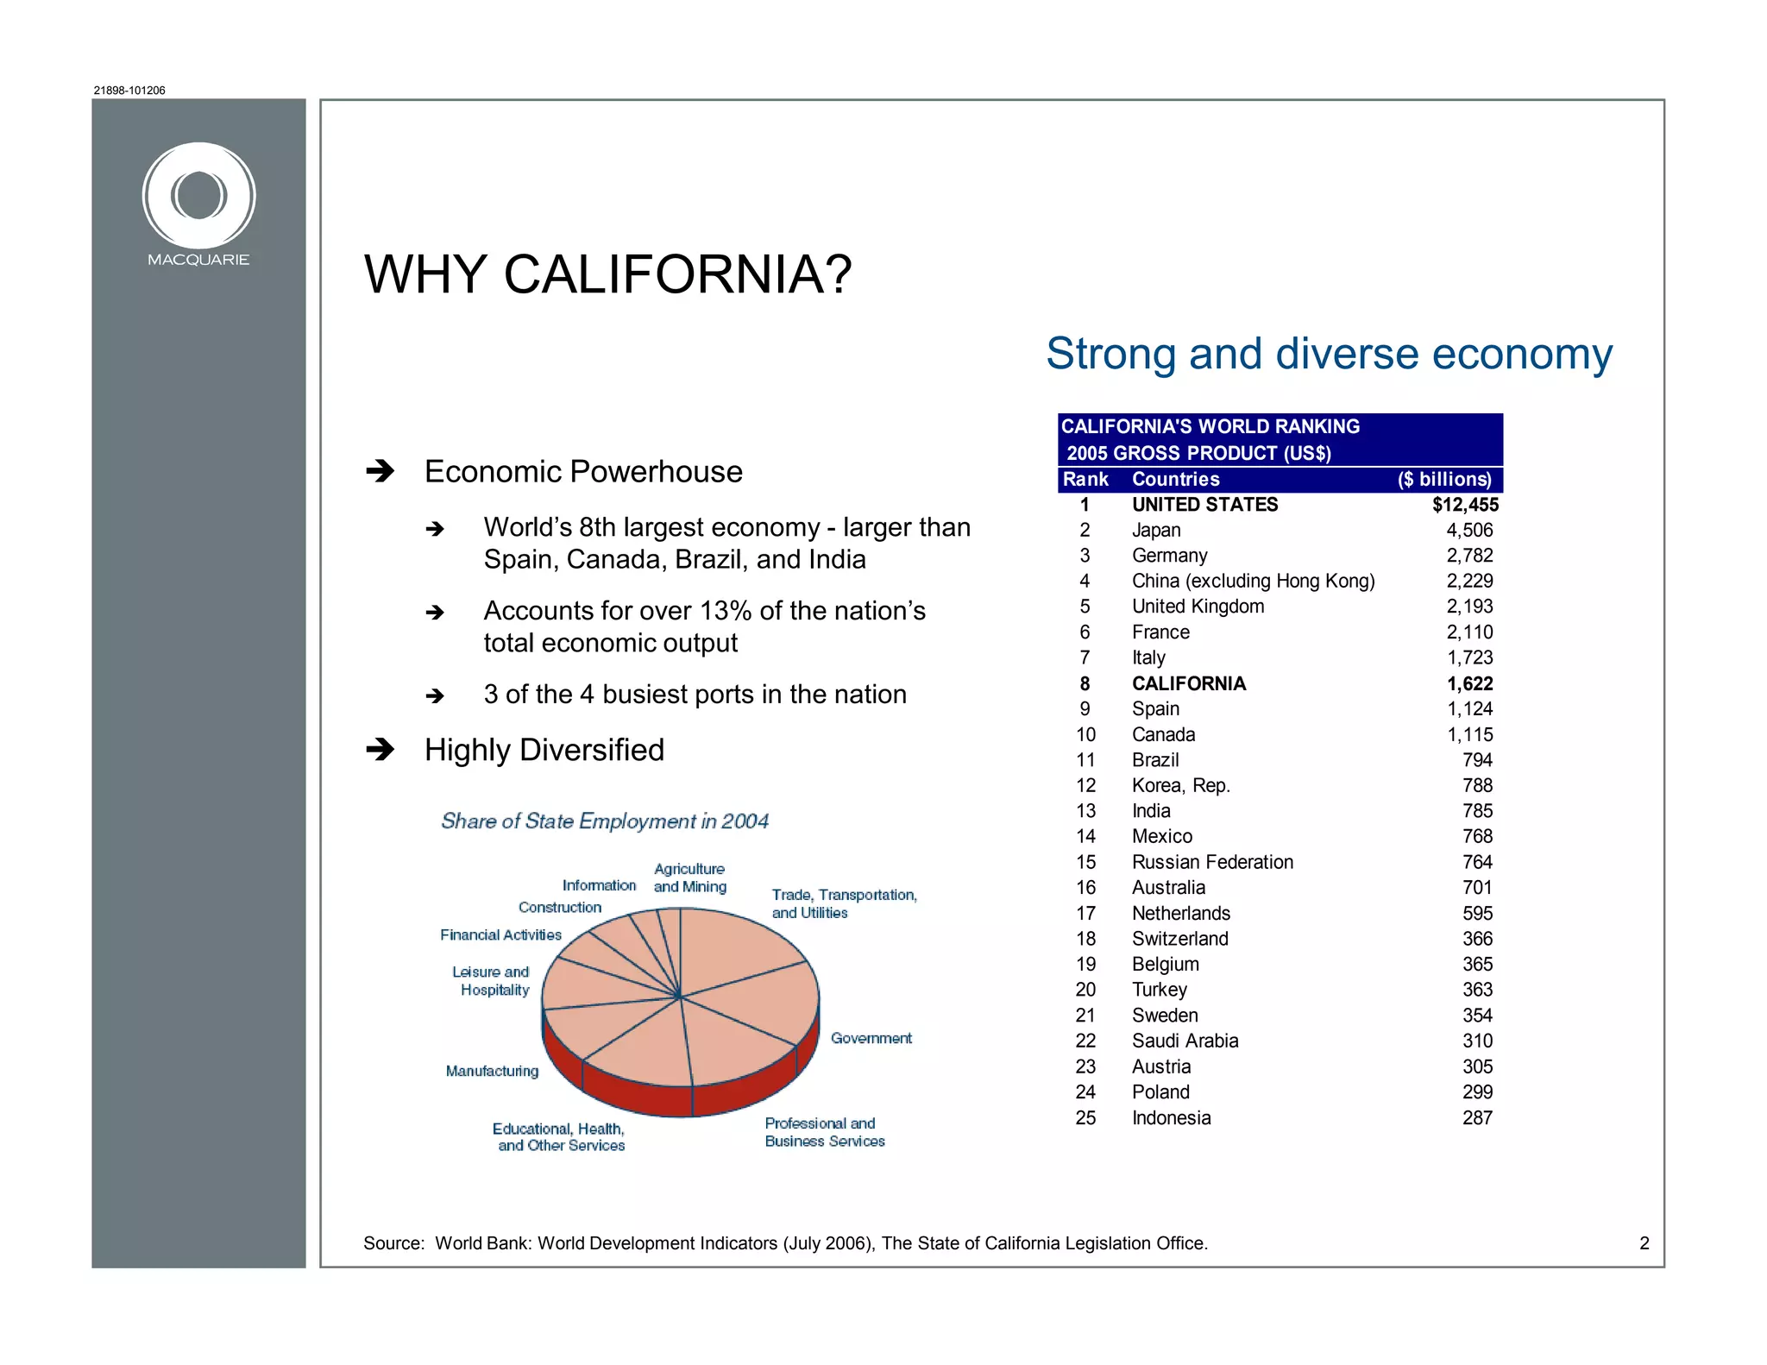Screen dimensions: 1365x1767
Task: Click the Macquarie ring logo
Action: [198, 196]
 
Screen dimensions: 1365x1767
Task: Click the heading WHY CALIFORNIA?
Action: [607, 275]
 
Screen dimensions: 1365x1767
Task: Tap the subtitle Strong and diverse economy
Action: [1329, 354]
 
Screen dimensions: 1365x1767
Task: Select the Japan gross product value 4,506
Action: [1469, 531]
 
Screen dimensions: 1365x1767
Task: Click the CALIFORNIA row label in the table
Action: [1188, 684]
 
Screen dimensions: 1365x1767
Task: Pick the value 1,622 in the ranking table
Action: [1469, 684]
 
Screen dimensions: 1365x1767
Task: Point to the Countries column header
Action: [1175, 480]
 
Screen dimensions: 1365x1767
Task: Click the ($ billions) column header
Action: [1444, 480]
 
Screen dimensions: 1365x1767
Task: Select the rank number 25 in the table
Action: [1085, 1118]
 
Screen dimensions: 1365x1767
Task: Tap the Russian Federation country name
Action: [1212, 863]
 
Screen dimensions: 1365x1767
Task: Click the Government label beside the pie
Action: [871, 1038]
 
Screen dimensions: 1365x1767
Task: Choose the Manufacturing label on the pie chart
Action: [492, 1071]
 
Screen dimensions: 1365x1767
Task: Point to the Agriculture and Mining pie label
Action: [689, 877]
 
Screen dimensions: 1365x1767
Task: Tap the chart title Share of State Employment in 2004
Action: [604, 821]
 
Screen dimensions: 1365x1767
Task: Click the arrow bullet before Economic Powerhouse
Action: [380, 471]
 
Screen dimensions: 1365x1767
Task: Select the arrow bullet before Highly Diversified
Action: [380, 749]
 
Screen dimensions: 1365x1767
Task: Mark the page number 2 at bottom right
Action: [1644, 1243]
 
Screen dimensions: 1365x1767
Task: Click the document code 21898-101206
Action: [129, 91]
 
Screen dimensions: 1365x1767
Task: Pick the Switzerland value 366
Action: [1477, 939]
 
